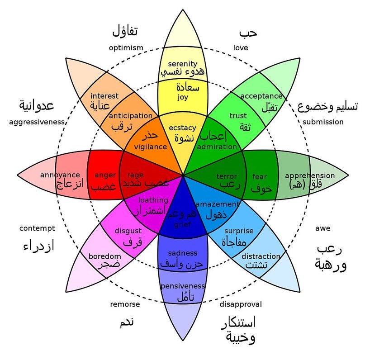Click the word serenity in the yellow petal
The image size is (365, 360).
(182, 63)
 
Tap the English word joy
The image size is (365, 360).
(182, 97)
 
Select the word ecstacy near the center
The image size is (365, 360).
(182, 128)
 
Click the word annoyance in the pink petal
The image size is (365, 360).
(60, 175)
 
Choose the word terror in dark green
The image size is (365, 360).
(227, 176)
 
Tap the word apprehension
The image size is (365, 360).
(310, 175)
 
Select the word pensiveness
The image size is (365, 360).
(183, 286)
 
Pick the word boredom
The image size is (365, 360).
(104, 256)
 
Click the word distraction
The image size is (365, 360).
(261, 256)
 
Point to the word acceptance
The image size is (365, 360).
(261, 96)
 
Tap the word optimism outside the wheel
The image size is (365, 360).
(126, 48)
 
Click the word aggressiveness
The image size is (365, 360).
(37, 122)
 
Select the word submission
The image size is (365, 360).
(323, 122)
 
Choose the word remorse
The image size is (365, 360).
(125, 304)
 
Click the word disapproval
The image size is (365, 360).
(241, 304)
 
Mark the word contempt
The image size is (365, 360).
(37, 228)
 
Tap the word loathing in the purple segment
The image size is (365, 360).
(153, 200)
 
